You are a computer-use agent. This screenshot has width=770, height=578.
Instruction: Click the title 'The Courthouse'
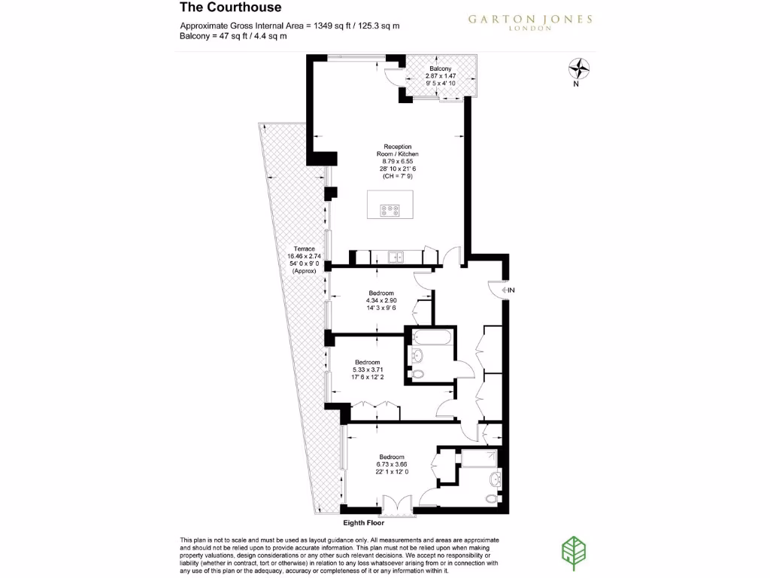[230, 8]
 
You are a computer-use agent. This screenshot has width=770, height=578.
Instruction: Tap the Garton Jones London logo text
[530, 22]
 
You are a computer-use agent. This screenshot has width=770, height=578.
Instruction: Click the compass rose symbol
[578, 68]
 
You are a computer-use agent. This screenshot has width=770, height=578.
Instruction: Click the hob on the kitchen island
[390, 211]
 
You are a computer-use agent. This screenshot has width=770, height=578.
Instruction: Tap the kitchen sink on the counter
[396, 257]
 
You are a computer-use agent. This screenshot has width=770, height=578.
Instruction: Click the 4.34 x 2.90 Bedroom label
[381, 300]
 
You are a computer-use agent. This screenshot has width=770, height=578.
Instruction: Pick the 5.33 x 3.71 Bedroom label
[368, 370]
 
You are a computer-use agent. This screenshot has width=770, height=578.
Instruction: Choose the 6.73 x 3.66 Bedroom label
[392, 464]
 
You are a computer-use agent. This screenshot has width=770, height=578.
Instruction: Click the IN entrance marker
[508, 290]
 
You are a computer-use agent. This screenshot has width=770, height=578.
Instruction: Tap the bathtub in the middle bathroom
[432, 337]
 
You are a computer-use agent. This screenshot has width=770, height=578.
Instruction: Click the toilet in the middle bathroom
[417, 374]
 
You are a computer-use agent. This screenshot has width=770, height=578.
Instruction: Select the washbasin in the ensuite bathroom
[496, 478]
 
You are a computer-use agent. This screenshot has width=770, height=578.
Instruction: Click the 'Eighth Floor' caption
[364, 523]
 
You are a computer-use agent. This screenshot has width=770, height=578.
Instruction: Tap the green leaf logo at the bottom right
[574, 553]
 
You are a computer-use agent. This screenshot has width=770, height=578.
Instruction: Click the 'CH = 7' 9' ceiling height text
[398, 176]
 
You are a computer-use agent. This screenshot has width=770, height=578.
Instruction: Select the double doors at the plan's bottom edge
[397, 507]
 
